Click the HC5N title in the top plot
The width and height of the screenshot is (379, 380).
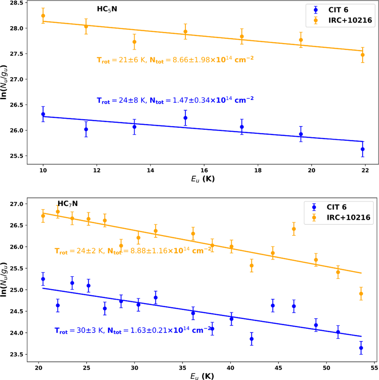[107, 9]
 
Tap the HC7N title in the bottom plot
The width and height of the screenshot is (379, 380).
[68, 204]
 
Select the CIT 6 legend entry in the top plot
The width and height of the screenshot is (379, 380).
[338, 10]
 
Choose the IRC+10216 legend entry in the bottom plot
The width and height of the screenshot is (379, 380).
[348, 218]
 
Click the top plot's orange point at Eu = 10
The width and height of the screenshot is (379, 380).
[43, 15]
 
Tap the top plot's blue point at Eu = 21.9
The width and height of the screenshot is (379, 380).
[363, 149]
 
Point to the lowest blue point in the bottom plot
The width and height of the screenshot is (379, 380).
[361, 348]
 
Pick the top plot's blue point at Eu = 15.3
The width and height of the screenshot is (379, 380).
[185, 118]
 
